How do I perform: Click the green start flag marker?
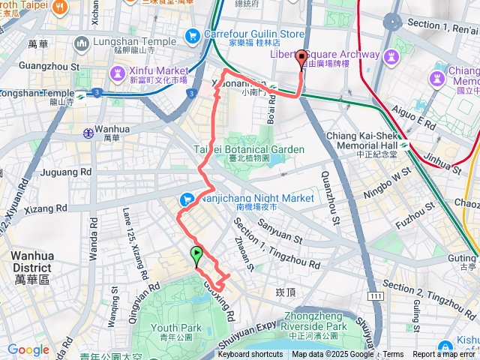tap(196, 255)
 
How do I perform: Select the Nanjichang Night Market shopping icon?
tap(187, 199)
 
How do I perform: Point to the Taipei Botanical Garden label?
tap(250, 148)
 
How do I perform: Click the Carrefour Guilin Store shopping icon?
tap(193, 34)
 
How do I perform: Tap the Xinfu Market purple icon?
tap(118, 73)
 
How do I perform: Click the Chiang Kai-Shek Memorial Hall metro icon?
tap(404, 144)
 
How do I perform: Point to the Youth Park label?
tap(176, 328)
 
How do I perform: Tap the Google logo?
tap(28, 349)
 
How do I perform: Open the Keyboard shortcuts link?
tap(250, 355)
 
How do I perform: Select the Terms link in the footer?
tap(393, 355)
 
